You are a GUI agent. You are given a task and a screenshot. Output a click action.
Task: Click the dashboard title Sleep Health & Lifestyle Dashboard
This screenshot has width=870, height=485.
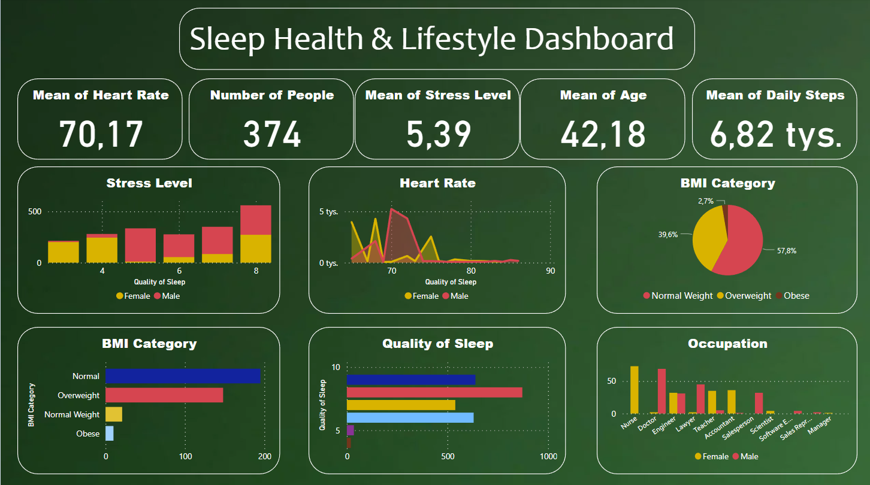click(431, 40)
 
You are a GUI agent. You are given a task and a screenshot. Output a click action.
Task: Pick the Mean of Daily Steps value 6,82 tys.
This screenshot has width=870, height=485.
click(775, 135)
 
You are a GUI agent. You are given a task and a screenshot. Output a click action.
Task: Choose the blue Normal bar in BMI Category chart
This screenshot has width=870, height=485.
click(183, 376)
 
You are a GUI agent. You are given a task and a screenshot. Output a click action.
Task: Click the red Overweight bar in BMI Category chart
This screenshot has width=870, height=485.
click(164, 395)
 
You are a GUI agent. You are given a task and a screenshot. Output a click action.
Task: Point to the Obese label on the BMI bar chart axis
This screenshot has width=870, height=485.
click(87, 434)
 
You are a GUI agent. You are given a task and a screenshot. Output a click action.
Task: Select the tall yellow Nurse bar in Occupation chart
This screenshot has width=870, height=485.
click(634, 390)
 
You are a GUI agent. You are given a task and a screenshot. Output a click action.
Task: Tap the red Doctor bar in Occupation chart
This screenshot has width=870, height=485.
click(661, 391)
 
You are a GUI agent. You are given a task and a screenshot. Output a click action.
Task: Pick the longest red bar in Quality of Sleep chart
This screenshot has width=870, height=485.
click(434, 392)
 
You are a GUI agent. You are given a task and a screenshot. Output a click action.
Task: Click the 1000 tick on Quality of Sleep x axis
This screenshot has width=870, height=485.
click(548, 457)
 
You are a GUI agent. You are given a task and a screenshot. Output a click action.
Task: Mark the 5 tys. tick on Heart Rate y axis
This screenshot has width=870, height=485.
click(328, 211)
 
